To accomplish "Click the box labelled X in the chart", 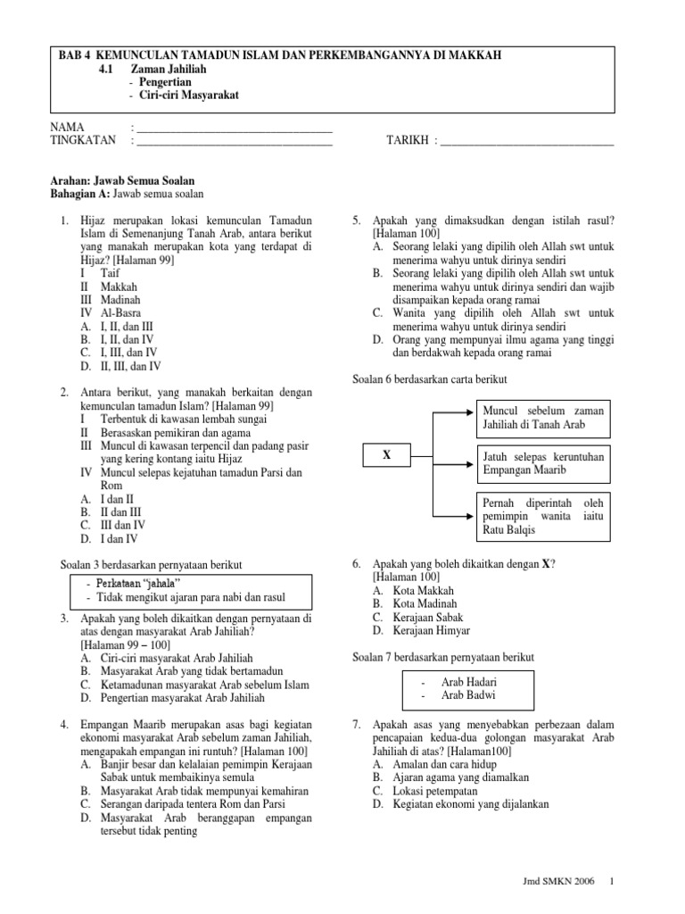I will click(x=386, y=455).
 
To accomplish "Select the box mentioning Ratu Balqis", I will click(x=542, y=516).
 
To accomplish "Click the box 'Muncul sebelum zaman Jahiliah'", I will click(x=542, y=417).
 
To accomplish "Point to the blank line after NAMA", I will click(x=234, y=129).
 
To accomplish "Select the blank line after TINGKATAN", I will click(x=234, y=142).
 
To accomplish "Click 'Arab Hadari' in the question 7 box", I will click(x=470, y=682).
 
